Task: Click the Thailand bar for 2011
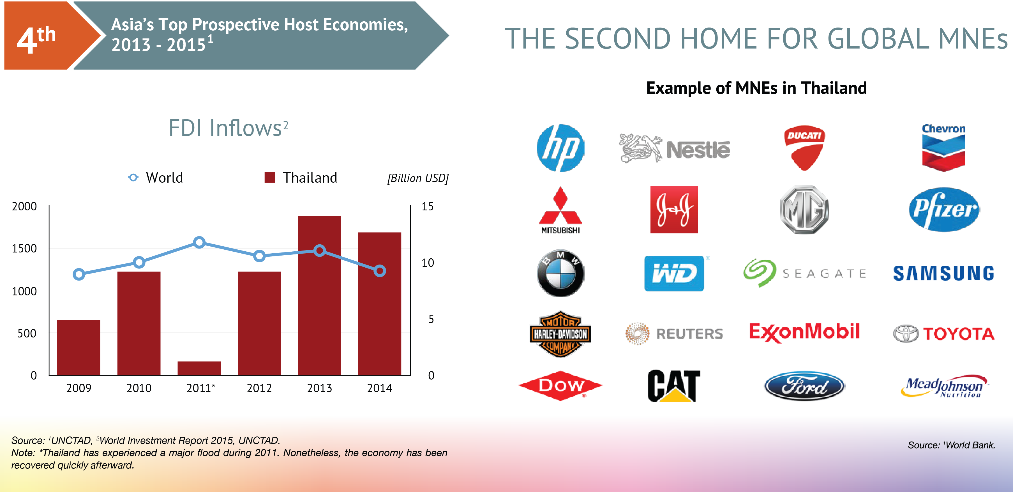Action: [199, 368]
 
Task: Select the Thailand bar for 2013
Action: [319, 295]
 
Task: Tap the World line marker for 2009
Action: [79, 274]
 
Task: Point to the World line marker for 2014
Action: [379, 271]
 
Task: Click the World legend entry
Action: [156, 178]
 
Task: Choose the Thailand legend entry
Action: [301, 178]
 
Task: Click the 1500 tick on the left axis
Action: [24, 249]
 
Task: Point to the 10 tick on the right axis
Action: [428, 263]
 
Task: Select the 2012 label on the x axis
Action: [259, 388]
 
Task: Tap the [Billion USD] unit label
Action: [418, 178]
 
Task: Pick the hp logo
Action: [560, 148]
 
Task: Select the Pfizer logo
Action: [944, 210]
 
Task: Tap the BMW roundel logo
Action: [560, 273]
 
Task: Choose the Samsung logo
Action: [944, 273]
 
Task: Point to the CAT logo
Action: [674, 386]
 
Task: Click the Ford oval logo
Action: [804, 386]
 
